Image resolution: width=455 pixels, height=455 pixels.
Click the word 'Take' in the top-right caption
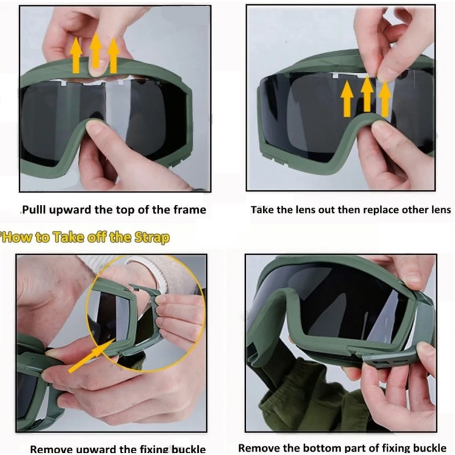(x=262, y=210)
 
